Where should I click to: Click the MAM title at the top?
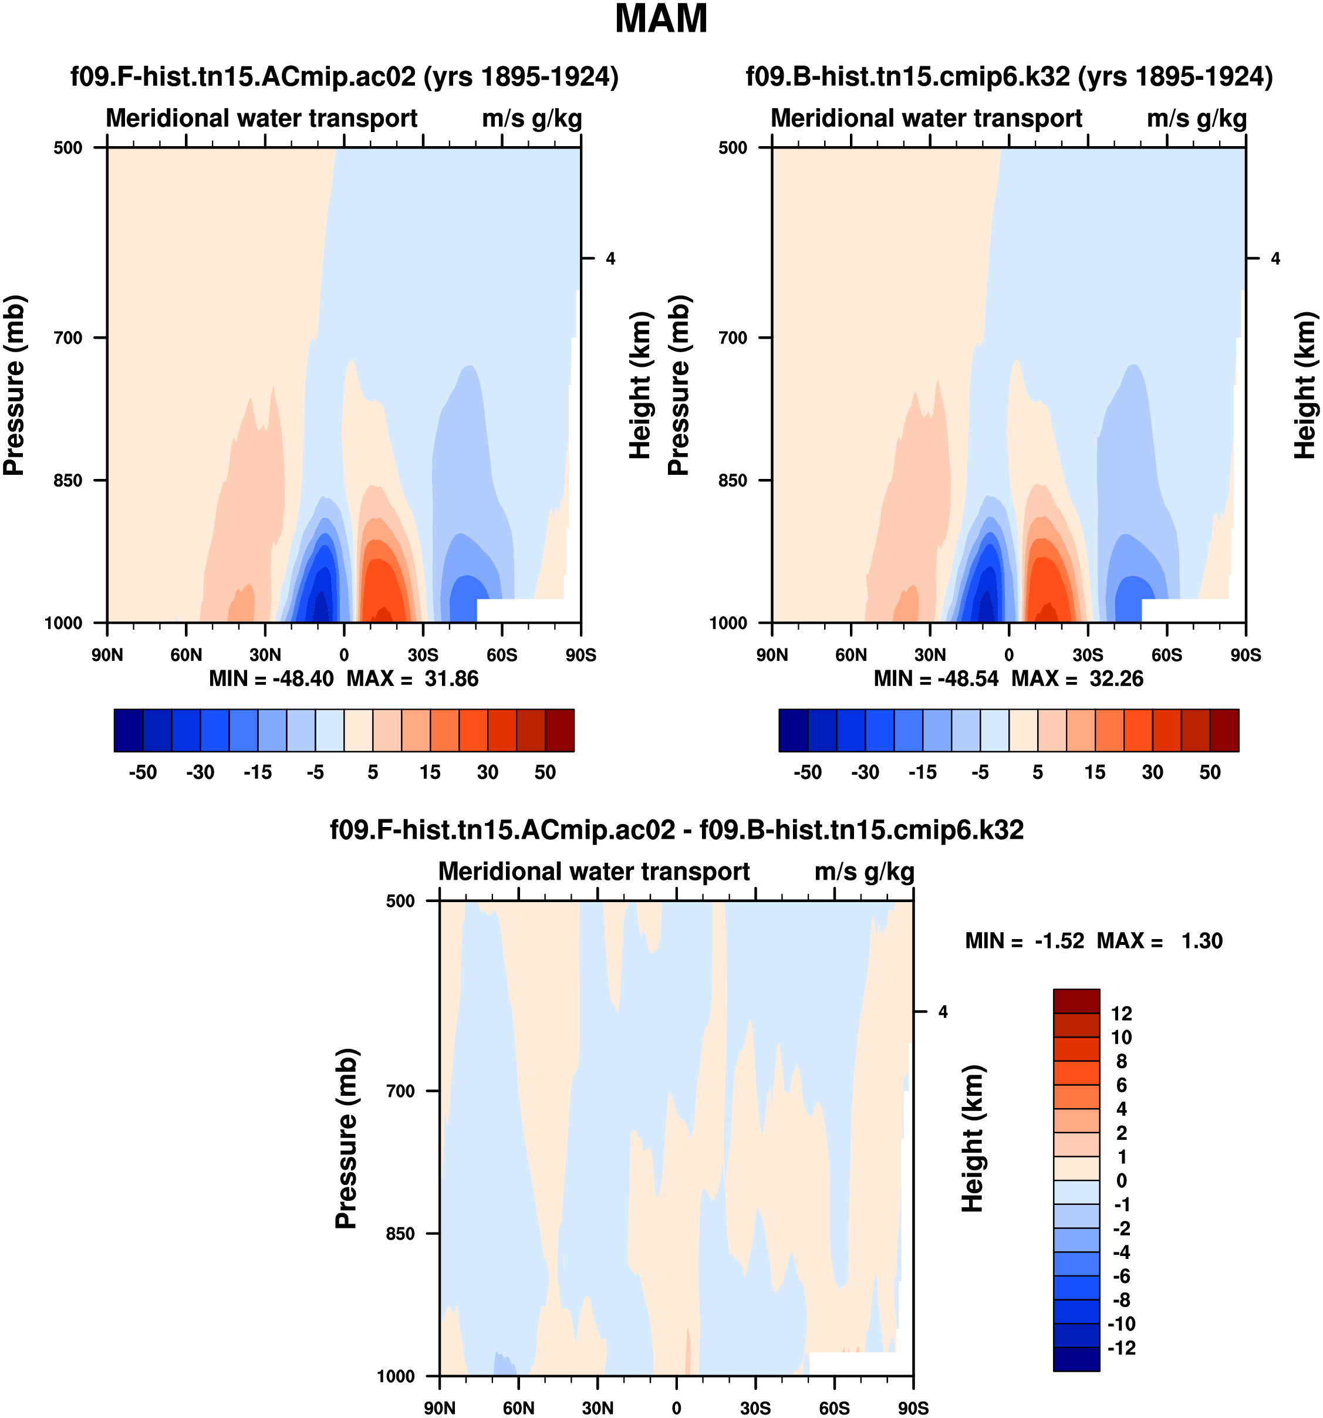coord(660,19)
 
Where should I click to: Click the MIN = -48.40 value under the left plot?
coord(271,678)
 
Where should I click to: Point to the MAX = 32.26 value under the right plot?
coord(1077,678)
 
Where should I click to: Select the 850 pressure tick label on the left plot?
coord(69,480)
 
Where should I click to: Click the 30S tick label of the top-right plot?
coord(1088,655)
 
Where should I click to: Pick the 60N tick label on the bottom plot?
coord(518,1408)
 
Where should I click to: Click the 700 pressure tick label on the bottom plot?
coord(400,1090)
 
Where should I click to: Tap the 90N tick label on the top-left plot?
coord(107,655)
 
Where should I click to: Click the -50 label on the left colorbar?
coord(143,772)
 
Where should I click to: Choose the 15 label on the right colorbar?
coord(1095,772)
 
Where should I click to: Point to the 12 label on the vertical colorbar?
coord(1121,1014)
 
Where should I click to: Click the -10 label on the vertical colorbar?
coord(1120,1324)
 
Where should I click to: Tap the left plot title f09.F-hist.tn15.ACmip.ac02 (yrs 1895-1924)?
coord(344,76)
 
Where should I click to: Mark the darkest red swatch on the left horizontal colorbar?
coord(559,730)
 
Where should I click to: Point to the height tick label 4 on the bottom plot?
coord(943,1011)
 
